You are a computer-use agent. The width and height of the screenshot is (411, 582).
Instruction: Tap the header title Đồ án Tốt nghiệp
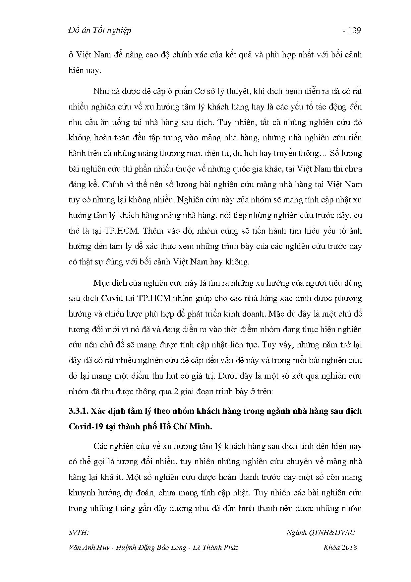click(x=99, y=30)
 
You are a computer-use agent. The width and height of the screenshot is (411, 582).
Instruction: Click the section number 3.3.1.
click(x=78, y=411)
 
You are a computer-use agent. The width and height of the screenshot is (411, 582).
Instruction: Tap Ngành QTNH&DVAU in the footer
click(x=320, y=533)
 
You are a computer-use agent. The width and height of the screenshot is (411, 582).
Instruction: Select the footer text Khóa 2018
click(x=340, y=547)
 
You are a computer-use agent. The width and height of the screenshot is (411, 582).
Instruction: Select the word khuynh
click(x=81, y=493)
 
